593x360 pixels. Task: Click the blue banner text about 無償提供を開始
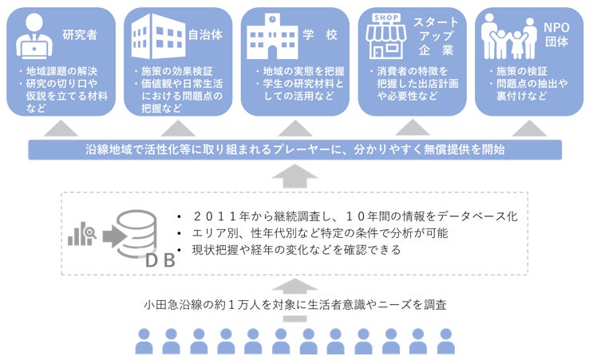296,150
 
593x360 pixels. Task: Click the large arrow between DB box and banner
296,175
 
